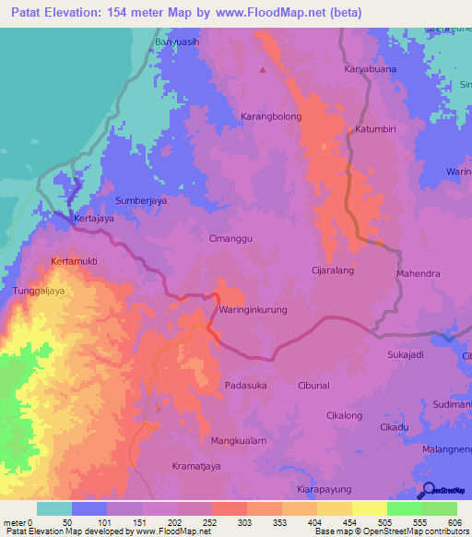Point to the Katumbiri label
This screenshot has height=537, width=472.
click(x=375, y=130)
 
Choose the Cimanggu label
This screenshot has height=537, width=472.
click(x=231, y=237)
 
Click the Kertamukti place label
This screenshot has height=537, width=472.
click(x=75, y=261)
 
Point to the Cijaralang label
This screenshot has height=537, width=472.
click(x=333, y=271)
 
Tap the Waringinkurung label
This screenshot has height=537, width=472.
click(x=254, y=309)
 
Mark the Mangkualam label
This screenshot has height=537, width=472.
click(x=239, y=441)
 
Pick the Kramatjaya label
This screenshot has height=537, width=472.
click(x=197, y=467)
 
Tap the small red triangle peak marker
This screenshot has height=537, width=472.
click(x=263, y=69)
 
